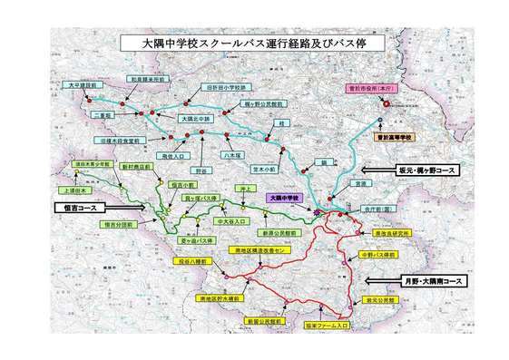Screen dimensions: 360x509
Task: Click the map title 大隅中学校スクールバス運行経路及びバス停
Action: pos(254,44)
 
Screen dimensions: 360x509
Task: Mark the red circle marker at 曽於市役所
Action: pos(386,103)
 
